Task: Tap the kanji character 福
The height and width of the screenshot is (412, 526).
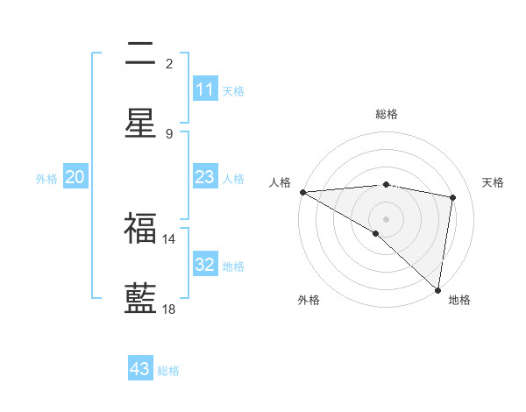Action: point(140,229)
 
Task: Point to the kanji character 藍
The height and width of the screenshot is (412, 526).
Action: point(140,297)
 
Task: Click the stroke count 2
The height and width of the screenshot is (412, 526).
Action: point(169,64)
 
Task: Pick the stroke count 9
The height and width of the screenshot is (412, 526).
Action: point(169,133)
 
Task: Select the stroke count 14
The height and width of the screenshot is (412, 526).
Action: point(169,238)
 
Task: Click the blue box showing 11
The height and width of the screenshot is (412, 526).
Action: point(204,89)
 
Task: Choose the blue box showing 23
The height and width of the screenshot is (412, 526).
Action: point(204,177)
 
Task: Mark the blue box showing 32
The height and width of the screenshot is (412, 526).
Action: point(204,265)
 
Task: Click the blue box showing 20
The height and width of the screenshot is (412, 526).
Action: point(75,177)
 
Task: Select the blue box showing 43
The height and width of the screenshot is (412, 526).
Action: point(139,369)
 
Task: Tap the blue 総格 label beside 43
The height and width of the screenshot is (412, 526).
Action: point(168,371)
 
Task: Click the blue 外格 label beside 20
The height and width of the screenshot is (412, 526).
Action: point(46,179)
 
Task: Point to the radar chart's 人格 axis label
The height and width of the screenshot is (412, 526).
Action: point(280,182)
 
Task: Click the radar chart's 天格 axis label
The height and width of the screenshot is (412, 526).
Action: point(494,182)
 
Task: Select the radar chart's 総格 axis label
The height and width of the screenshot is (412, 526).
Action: point(387,114)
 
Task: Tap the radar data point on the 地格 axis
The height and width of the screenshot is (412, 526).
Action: point(437,289)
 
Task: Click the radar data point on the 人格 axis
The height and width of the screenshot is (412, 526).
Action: point(302,192)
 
